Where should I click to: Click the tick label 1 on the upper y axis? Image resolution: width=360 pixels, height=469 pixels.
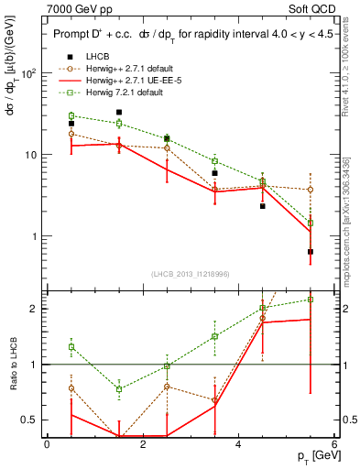click(34, 236)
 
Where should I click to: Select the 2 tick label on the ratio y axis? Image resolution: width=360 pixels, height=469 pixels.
click(34, 309)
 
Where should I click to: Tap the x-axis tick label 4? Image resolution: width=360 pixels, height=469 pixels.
click(239, 443)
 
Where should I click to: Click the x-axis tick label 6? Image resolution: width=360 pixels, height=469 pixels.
click(334, 443)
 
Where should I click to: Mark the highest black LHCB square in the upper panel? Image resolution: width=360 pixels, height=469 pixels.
click(119, 113)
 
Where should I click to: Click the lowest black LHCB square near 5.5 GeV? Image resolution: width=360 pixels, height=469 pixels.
click(311, 252)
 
